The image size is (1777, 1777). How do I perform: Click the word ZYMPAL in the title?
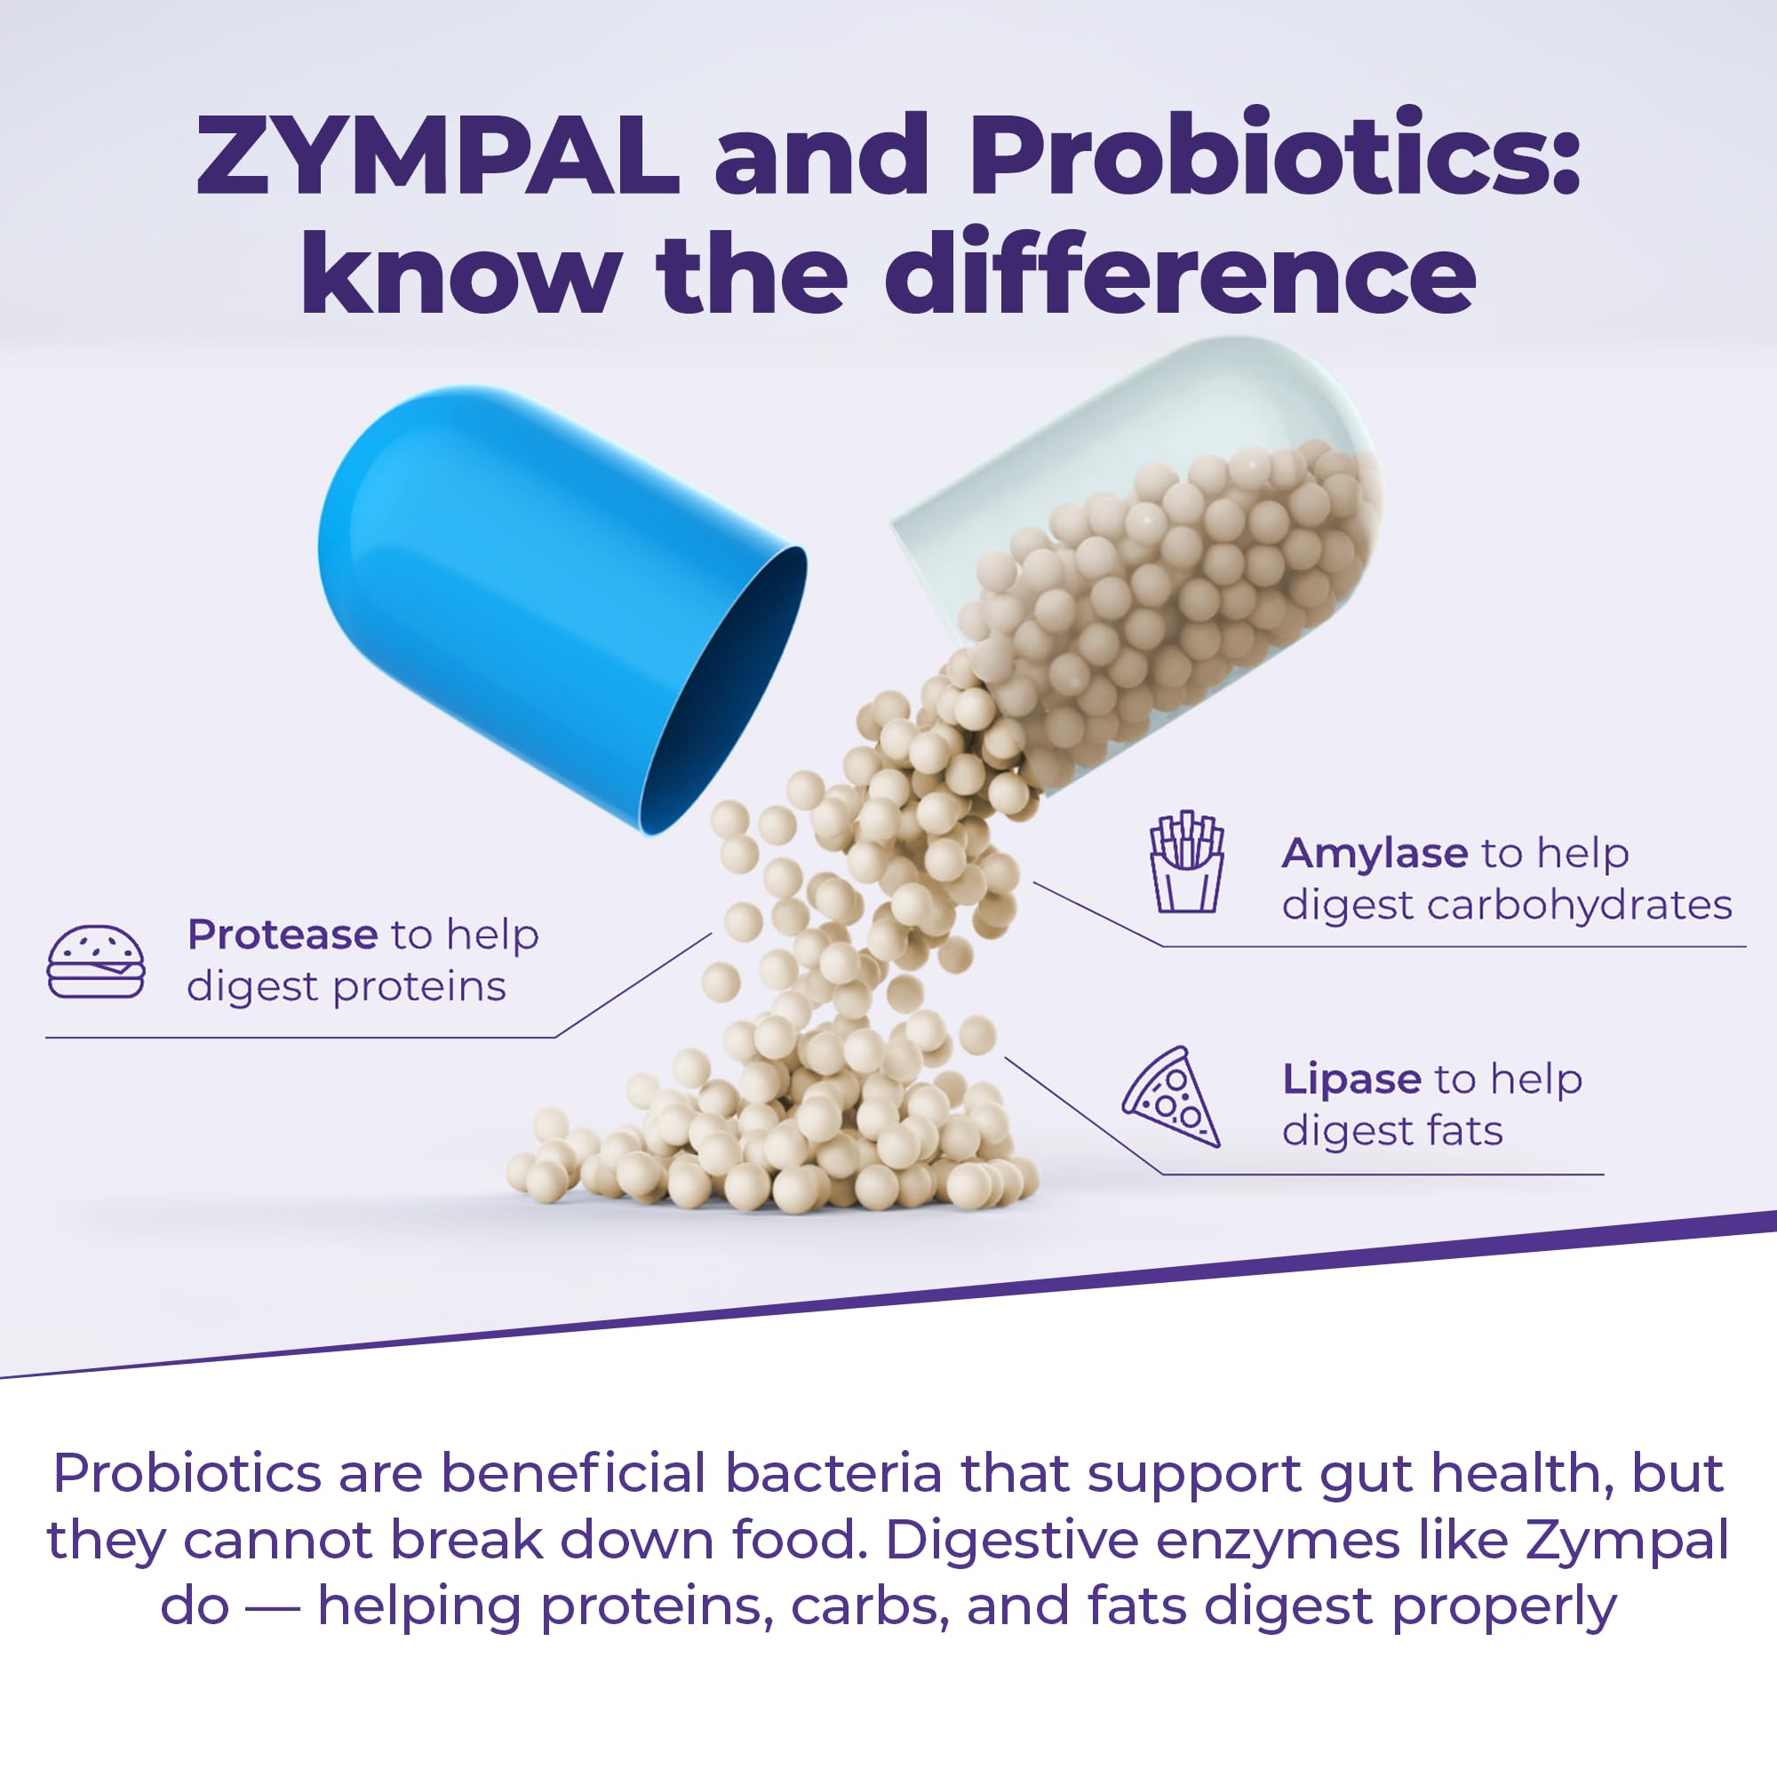coord(438,154)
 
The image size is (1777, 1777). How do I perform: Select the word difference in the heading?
coord(1180,271)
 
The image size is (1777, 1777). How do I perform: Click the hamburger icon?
coord(96,961)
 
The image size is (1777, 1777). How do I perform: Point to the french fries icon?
coord(1187,862)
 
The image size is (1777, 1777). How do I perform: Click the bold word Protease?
coord(283,935)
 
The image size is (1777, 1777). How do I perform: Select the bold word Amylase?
coord(1375,854)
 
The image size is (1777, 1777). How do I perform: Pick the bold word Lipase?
coord(1351,1080)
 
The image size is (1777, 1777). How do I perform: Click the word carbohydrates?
coord(1579,905)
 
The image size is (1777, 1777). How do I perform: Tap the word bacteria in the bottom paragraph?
coord(834,1472)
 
